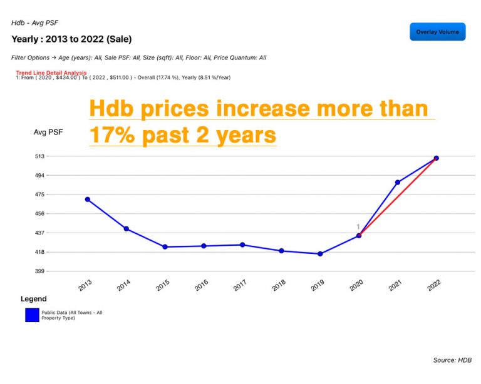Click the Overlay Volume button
438,32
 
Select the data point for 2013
88,200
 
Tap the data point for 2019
320,254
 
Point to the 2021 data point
397,183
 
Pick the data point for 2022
436,158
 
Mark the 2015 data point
165,247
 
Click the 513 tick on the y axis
39,156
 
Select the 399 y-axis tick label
39,271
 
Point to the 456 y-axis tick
39,214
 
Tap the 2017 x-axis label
239,285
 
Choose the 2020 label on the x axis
356,285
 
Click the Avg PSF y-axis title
48,132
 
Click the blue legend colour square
32,315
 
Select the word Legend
34,299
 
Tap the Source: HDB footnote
452,361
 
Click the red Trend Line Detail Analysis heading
51,73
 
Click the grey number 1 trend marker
358,227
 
